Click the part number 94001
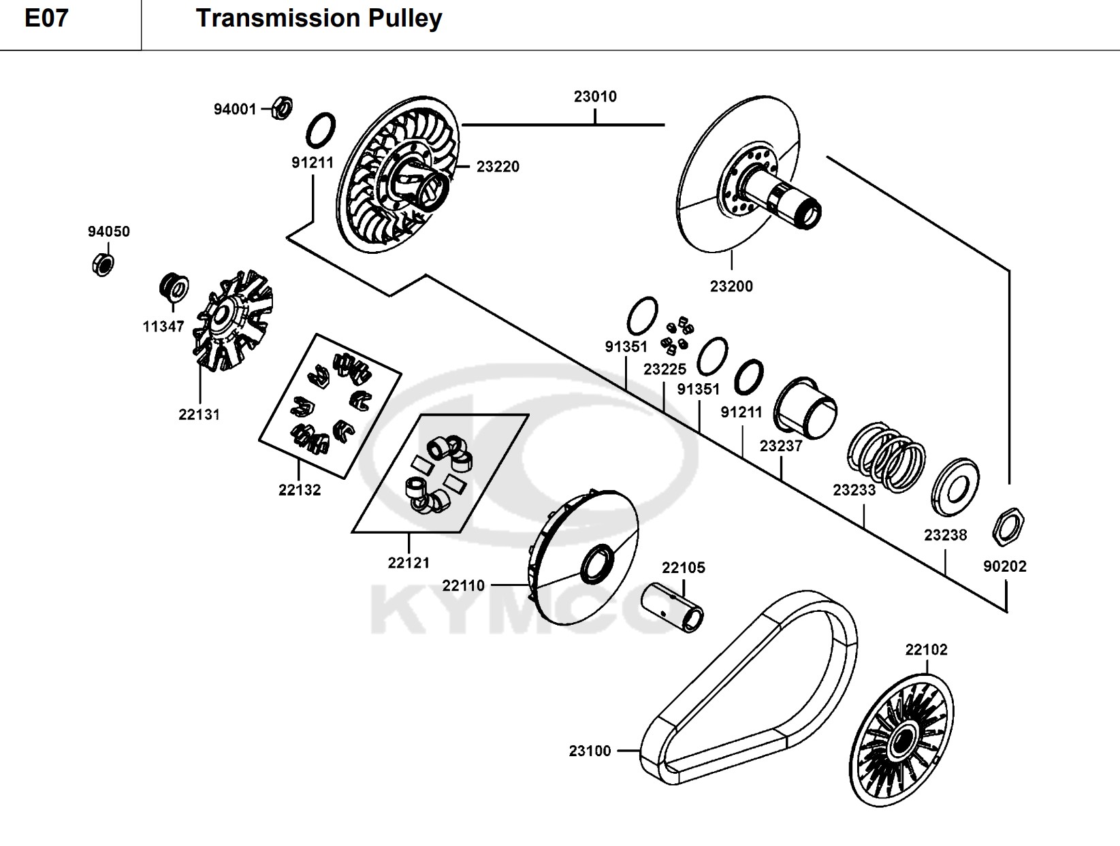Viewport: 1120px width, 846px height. coord(235,110)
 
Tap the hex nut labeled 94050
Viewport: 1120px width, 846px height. coord(101,263)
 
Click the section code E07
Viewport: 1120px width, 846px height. coord(46,18)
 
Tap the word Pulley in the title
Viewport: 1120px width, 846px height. coord(405,18)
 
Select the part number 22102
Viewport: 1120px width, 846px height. coord(926,650)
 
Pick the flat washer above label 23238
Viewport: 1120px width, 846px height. coord(955,489)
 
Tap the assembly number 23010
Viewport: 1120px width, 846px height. coord(595,97)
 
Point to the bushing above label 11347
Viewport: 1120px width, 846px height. coord(172,287)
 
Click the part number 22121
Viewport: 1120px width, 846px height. coord(409,563)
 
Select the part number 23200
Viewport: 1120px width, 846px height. coord(731,287)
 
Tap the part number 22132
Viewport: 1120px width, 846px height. coord(300,490)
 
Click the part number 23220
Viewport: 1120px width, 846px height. coord(498,167)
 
